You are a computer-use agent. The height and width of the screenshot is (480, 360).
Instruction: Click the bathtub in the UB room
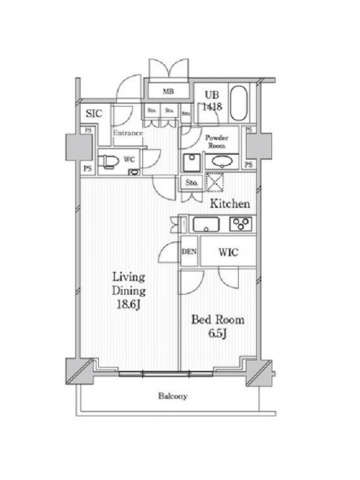pyautogui.click(x=238, y=103)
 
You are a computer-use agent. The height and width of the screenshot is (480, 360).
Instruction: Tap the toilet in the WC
pyautogui.click(x=110, y=161)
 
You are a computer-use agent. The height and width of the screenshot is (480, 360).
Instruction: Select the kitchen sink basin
pyautogui.click(x=206, y=224)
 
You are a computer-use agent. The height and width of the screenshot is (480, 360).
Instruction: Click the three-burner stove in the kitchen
pyautogui.click(x=241, y=224)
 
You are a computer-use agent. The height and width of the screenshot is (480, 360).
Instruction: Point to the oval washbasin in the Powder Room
pyautogui.click(x=222, y=161)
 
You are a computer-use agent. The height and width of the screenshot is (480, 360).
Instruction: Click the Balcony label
pyautogui.click(x=173, y=396)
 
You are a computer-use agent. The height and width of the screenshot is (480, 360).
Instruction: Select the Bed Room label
pyautogui.click(x=218, y=320)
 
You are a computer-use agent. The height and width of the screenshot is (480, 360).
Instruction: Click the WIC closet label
pyautogui.click(x=229, y=253)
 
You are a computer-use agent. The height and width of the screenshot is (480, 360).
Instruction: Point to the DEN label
pyautogui.click(x=189, y=252)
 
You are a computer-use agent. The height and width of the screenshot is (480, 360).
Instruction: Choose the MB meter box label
pyautogui.click(x=168, y=91)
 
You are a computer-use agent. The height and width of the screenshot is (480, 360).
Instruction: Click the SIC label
pyautogui.click(x=94, y=113)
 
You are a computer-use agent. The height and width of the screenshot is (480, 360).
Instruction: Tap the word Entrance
pyautogui.click(x=128, y=133)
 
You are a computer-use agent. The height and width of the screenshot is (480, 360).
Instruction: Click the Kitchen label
pyautogui.click(x=230, y=204)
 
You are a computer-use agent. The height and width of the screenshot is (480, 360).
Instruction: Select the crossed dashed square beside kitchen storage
pyautogui.click(x=214, y=182)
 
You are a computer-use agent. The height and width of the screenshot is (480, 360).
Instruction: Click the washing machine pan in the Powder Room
pyautogui.click(x=192, y=163)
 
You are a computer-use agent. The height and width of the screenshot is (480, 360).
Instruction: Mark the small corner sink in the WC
pyautogui.click(x=134, y=172)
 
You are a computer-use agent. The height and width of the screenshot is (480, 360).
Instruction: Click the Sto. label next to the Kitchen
pyautogui.click(x=191, y=183)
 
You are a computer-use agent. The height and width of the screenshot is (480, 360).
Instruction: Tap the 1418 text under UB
pyautogui.click(x=212, y=107)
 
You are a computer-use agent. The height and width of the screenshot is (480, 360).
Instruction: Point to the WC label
pyautogui.click(x=129, y=160)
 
